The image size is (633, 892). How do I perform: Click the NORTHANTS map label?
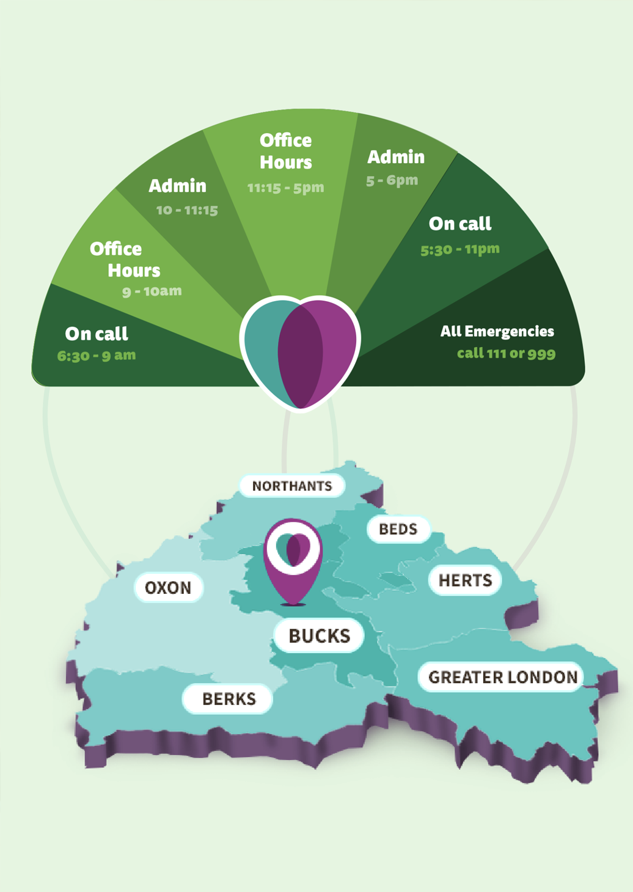point(292,486)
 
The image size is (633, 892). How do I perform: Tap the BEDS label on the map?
point(398,529)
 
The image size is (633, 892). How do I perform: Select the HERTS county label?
point(465,580)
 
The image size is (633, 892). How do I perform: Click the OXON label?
point(169,587)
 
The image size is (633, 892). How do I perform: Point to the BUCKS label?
point(319,635)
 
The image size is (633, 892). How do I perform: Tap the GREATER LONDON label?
point(503,677)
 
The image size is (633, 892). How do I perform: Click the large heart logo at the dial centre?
point(301,353)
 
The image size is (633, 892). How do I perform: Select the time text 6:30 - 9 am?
point(97,355)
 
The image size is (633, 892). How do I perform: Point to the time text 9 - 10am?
point(152,291)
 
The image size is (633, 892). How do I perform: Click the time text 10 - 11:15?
point(187,210)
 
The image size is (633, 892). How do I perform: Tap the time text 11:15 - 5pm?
point(285,188)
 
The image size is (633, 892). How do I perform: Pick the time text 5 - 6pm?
point(392,181)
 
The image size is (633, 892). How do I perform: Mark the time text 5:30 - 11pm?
point(460,250)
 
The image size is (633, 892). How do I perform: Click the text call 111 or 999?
point(506,353)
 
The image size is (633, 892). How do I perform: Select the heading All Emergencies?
point(497,331)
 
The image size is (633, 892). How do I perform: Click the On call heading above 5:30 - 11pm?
point(460,224)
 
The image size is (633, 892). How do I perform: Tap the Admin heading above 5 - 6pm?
point(396,157)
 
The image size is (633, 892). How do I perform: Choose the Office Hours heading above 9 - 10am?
point(125,260)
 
